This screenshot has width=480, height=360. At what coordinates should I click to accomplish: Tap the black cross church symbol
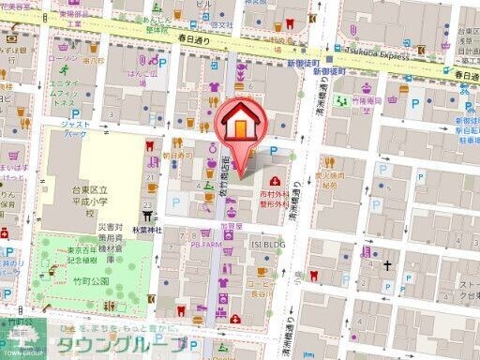(385, 265)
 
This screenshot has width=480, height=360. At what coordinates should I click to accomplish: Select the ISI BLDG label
(267, 242)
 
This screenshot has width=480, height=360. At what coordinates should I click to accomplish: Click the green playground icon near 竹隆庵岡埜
(344, 97)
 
